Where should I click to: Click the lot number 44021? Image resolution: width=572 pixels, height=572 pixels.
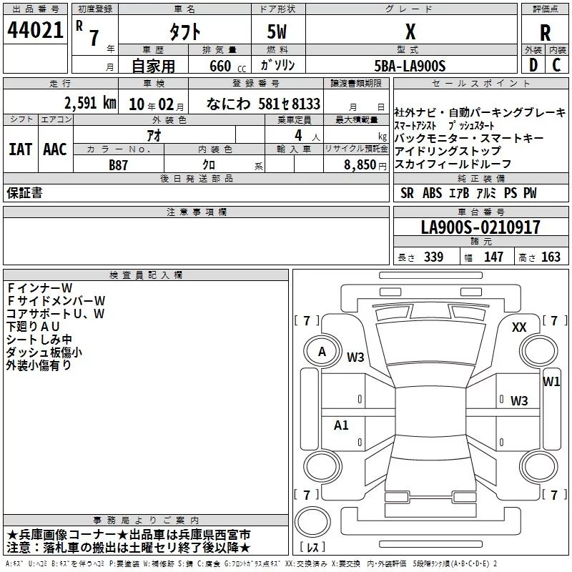(36, 31)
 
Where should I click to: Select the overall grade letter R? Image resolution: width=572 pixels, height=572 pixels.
(546, 32)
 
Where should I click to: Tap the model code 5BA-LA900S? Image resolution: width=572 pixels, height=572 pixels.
(410, 65)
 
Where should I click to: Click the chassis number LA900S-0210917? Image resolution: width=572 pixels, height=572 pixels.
(480, 227)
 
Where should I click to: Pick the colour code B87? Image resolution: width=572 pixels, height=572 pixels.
(119, 164)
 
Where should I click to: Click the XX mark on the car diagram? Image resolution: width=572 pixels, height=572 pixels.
(519, 327)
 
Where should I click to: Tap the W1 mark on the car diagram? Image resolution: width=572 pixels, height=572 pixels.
(551, 381)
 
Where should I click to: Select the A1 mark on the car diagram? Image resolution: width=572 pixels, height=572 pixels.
(342, 425)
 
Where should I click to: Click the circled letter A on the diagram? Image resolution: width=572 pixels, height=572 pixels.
(322, 351)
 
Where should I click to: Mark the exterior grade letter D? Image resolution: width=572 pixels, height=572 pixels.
(533, 65)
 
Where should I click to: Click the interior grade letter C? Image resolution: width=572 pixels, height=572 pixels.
(556, 65)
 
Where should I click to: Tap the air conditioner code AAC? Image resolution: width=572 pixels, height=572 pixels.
(54, 149)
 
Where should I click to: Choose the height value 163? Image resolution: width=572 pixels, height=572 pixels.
(551, 257)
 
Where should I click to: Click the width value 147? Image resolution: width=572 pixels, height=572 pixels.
(493, 257)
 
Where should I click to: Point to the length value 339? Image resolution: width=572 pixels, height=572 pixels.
(433, 257)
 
